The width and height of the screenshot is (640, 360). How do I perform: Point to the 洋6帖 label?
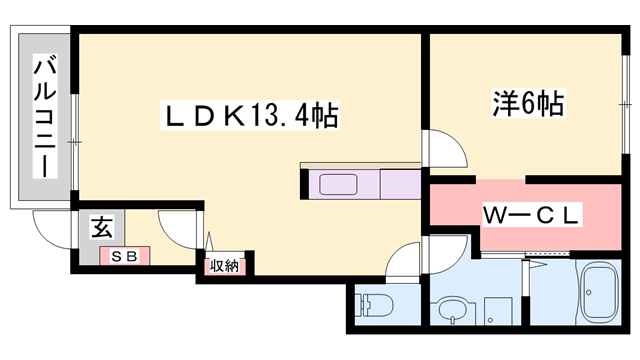tap(527, 102)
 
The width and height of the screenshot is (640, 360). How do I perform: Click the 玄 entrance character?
tap(103, 227)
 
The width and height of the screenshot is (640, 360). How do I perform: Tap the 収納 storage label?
tap(224, 265)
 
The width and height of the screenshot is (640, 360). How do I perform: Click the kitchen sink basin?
tap(342, 185)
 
